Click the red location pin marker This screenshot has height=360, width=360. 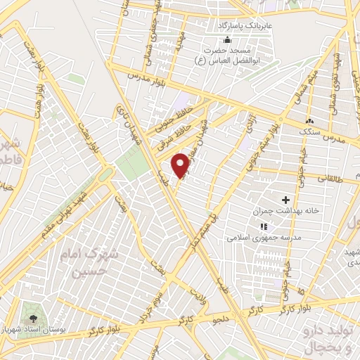pyautogui.click(x=182, y=165)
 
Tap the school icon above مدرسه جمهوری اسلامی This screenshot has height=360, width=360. pyautogui.click(x=263, y=226)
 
